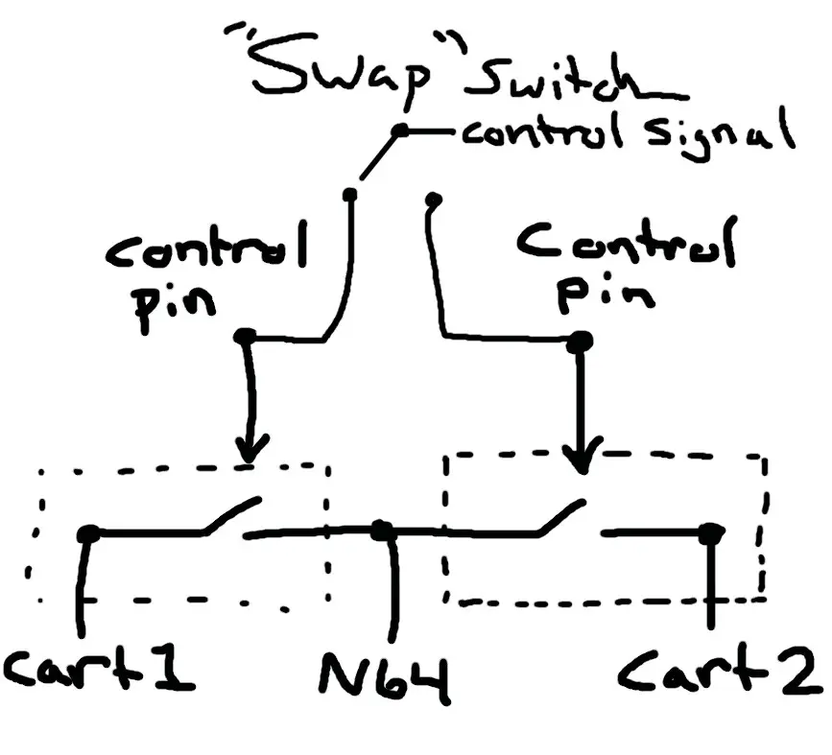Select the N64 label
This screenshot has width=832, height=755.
tap(385, 678)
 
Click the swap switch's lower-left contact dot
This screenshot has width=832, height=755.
tap(349, 196)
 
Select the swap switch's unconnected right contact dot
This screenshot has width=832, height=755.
tap(434, 200)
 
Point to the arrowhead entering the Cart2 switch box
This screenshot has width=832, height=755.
tap(582, 456)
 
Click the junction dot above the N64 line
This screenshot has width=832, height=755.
tap(382, 531)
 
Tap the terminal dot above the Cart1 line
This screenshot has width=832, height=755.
tap(88, 533)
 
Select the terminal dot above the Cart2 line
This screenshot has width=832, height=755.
tap(710, 533)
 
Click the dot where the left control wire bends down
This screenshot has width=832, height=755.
tap(244, 337)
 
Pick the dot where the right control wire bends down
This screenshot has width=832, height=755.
tap(580, 342)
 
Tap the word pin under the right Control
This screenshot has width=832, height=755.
tap(605, 297)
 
